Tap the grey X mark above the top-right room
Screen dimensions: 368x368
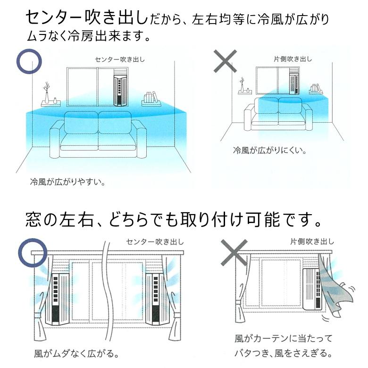pyautogui.click(x=226, y=61)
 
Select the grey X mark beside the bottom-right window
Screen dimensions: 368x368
pyautogui.click(x=234, y=252)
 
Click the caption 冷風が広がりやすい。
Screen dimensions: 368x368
pyautogui.click(x=68, y=182)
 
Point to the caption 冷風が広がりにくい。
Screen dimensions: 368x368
pyautogui.click(x=270, y=150)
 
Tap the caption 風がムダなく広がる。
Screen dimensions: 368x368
pyautogui.click(x=76, y=354)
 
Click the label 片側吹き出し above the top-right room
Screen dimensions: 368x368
pyautogui.click(x=293, y=59)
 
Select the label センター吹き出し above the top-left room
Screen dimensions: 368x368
pyautogui.click(x=120, y=59)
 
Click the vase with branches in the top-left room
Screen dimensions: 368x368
pyautogui.click(x=47, y=93)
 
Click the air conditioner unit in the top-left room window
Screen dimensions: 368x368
pyautogui.click(x=120, y=91)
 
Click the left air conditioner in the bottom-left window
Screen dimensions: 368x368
pyautogui.click(x=57, y=299)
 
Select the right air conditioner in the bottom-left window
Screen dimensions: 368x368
pyautogui.click(x=157, y=299)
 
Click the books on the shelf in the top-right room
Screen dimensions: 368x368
pyautogui.click(x=315, y=88)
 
